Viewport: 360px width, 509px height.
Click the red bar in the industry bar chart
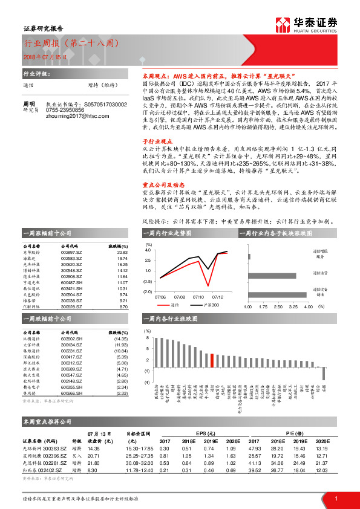[212, 360]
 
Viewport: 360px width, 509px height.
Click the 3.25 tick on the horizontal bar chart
[293, 306]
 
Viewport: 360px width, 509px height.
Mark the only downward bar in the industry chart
[324, 373]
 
